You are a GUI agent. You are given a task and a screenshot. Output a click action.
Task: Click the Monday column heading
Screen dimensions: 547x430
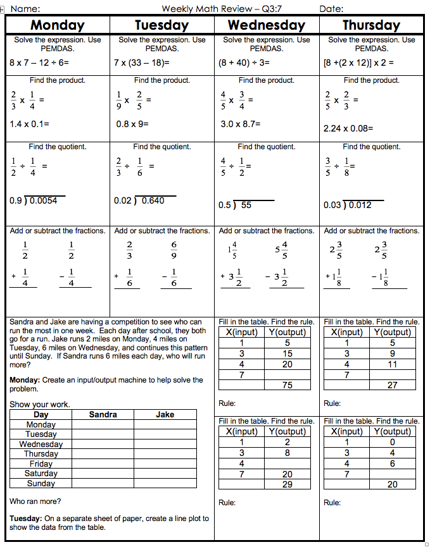point(57,25)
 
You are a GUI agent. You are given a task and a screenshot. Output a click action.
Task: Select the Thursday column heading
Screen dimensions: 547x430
point(371,25)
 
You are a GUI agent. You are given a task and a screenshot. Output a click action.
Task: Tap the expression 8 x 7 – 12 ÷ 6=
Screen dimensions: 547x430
point(39,63)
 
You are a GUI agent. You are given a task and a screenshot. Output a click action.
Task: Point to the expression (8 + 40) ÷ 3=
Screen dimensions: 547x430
point(244,63)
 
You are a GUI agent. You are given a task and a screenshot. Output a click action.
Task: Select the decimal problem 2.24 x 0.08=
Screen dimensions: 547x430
point(348,128)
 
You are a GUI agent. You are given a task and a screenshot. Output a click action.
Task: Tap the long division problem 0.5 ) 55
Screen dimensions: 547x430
point(236,205)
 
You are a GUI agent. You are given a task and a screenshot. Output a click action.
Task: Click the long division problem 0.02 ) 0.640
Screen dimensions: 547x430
point(140,200)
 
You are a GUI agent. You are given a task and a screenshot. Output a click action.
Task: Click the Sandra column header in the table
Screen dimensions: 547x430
point(103,415)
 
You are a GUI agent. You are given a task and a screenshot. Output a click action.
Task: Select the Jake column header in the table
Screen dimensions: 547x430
point(165,415)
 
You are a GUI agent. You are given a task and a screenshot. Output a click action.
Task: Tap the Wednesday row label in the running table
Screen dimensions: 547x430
point(41,444)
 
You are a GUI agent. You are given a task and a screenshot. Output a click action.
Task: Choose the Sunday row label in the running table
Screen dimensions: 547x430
point(41,483)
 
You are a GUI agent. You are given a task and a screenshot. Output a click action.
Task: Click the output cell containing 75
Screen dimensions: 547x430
point(288,385)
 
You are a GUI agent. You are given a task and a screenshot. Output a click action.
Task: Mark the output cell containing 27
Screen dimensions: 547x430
point(393,385)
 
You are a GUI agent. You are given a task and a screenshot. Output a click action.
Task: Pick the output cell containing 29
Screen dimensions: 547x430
point(288,484)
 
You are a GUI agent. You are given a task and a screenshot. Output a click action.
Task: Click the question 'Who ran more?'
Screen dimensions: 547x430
point(35,501)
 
